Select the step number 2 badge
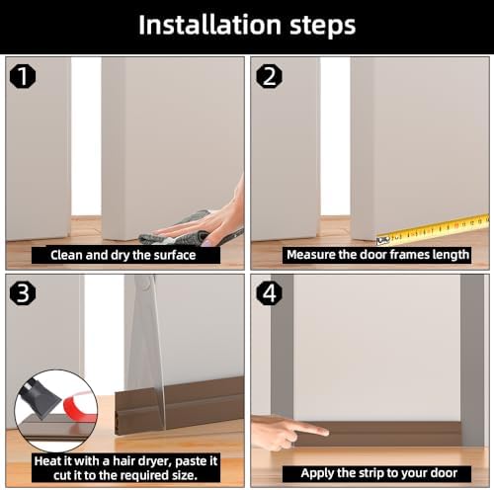click(267, 73)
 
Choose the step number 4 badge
click(267, 292)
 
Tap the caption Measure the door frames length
click(377, 255)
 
